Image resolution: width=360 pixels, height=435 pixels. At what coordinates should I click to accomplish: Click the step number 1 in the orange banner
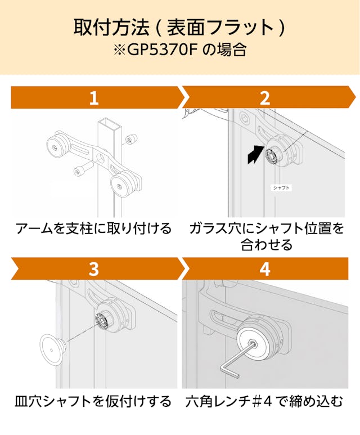click(94, 98)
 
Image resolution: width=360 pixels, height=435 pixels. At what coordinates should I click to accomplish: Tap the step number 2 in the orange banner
click(265, 98)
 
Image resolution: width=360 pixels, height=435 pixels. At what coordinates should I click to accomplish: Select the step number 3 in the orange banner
click(94, 269)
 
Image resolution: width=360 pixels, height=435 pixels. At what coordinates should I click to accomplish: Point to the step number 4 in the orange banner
click(265, 269)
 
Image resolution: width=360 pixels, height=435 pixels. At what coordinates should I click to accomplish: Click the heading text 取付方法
click(111, 27)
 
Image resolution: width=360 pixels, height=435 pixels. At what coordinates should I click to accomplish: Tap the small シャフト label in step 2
click(281, 188)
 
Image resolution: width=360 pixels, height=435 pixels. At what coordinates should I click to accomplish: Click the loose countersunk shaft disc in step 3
click(52, 349)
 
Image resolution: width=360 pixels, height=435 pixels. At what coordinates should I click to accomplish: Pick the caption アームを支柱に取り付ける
click(93, 228)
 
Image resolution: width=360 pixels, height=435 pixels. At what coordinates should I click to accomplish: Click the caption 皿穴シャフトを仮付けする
click(93, 401)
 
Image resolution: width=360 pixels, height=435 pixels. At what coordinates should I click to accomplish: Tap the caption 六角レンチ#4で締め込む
click(264, 401)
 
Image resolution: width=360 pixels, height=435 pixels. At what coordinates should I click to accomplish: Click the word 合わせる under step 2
click(267, 245)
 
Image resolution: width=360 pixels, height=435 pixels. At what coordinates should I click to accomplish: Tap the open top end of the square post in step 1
click(110, 124)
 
